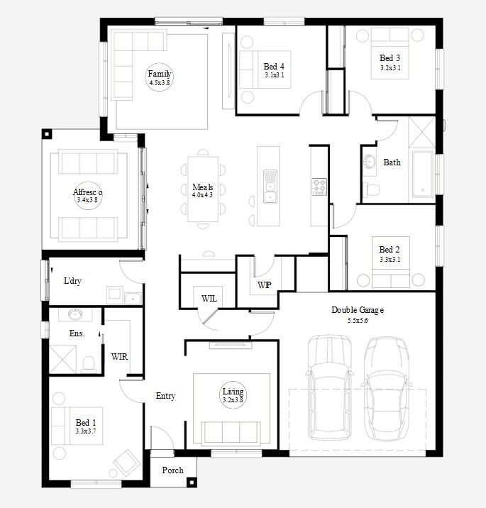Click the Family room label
160,74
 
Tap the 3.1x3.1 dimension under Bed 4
275,75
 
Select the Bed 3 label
390,58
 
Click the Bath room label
392,162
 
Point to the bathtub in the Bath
423,174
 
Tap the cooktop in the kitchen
319,187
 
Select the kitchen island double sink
270,187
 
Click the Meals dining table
203,189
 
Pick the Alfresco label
87,192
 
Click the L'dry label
72,280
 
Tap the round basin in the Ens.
75,314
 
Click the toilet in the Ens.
89,365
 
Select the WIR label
119,357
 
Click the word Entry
165,396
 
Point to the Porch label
172,470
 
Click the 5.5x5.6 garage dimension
358,321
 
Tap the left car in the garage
330,387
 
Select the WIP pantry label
265,285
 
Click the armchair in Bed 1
127,463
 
